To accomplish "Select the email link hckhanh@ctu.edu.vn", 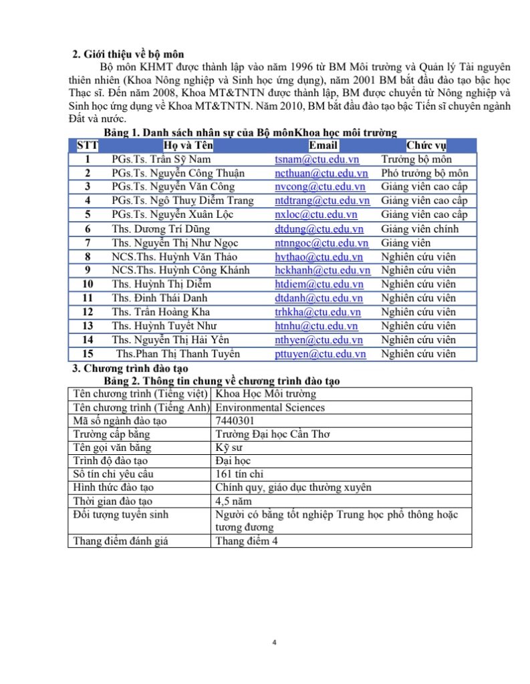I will click(x=322, y=271).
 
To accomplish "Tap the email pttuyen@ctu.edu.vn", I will click(x=320, y=354).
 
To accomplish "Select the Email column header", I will click(x=323, y=146).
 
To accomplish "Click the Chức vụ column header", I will click(x=426, y=146).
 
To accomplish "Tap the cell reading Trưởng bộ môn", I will click(x=416, y=160).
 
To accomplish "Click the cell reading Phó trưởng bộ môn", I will click(x=424, y=174).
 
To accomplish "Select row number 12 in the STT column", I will click(x=88, y=312).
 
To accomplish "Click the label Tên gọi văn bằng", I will click(x=112, y=448).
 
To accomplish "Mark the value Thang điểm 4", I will click(x=247, y=541).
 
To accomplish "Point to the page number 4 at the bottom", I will click(x=275, y=643).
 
